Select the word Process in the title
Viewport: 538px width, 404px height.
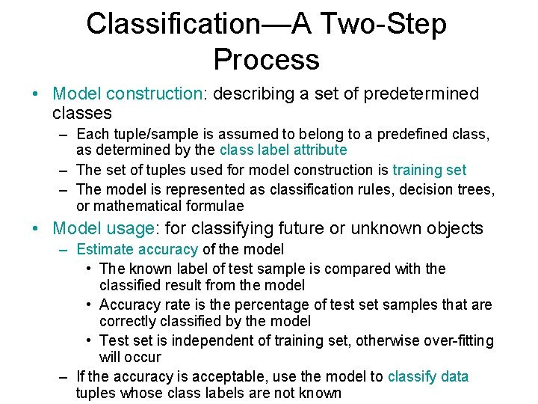point(266,59)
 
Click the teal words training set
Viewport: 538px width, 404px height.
point(429,170)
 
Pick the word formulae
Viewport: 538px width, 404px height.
point(212,206)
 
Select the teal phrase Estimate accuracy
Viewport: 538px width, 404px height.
point(137,249)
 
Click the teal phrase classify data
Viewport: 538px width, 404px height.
point(428,377)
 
